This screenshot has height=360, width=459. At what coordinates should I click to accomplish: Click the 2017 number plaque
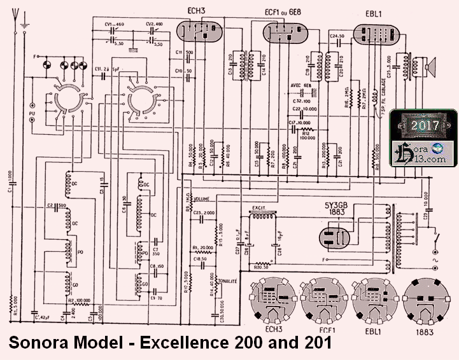click(x=425, y=125)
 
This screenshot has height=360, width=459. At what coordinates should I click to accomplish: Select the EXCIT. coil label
click(x=258, y=207)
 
